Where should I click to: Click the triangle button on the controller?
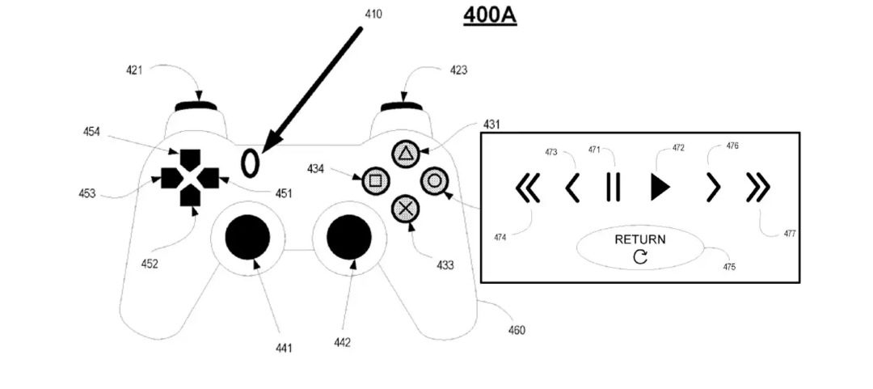(403, 153)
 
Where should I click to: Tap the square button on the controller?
(375, 180)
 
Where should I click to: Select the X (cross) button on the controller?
(405, 209)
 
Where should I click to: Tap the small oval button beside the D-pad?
(251, 162)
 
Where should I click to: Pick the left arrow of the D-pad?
(170, 176)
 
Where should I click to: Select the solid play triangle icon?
(660, 188)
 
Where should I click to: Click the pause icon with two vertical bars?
(613, 188)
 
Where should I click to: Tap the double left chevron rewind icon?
(527, 188)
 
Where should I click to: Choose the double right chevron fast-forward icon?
(758, 188)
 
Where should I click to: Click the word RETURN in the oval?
(640, 239)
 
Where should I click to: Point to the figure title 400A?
(490, 15)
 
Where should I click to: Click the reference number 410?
(373, 14)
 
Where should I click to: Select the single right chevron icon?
(712, 188)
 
